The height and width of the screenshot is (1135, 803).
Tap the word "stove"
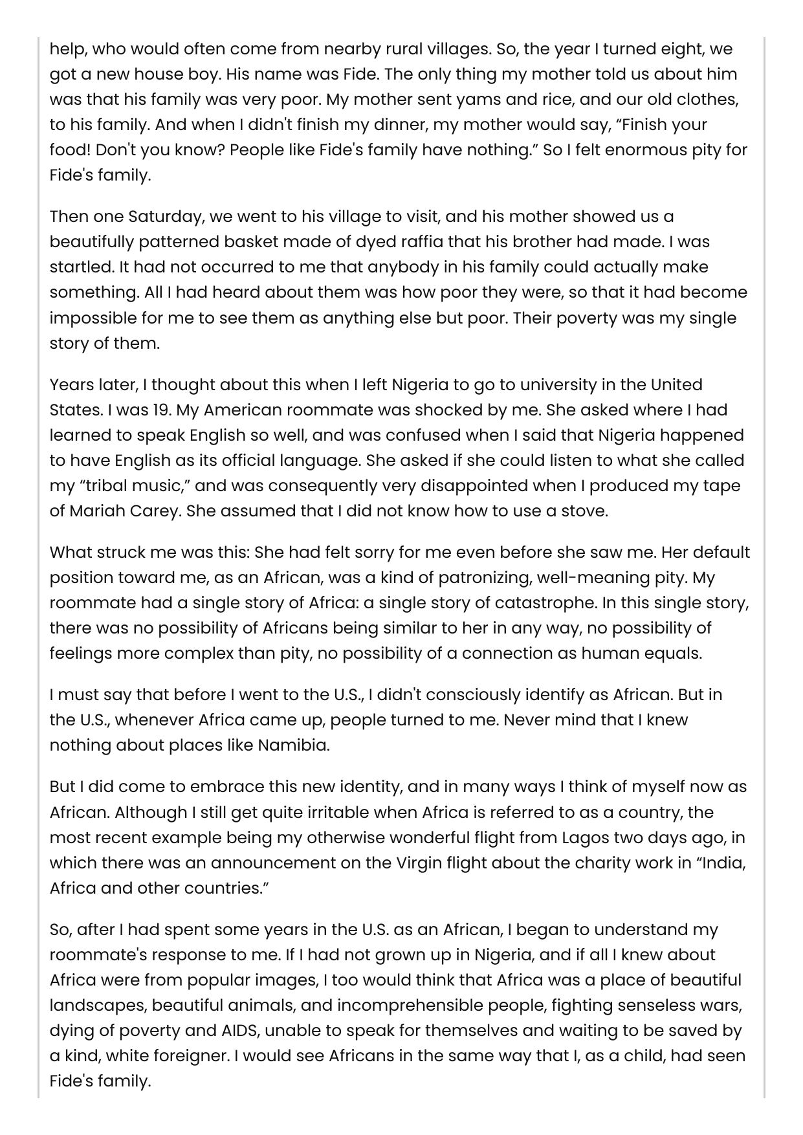[584, 511]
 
